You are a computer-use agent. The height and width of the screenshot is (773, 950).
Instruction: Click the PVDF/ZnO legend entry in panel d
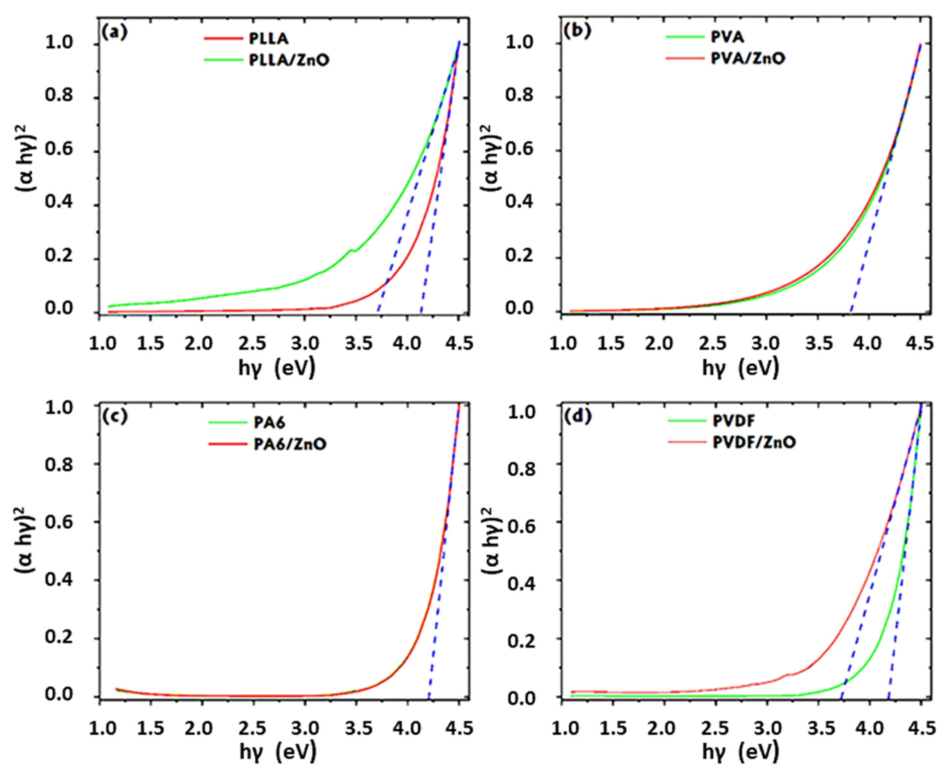753,442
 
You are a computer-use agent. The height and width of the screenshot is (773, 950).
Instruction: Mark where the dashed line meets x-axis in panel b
851,313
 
